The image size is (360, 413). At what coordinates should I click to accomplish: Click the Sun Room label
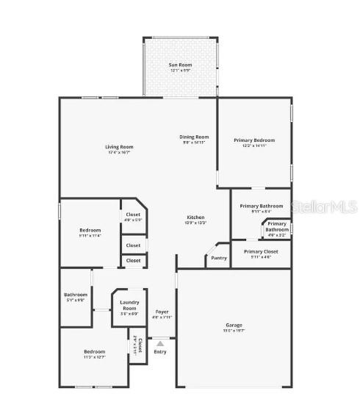(x=180, y=65)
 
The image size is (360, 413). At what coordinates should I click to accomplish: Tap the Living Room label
(x=119, y=147)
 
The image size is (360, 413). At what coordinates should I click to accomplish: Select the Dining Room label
(x=195, y=137)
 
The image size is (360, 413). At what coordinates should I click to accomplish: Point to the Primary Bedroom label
(x=254, y=140)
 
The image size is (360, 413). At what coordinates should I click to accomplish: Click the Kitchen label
(x=195, y=217)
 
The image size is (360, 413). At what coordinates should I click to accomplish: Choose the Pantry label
(x=219, y=258)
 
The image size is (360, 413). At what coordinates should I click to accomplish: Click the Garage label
(x=234, y=325)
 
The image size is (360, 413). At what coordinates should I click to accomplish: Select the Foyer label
(x=162, y=312)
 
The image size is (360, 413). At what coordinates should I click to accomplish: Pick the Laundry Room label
(x=129, y=305)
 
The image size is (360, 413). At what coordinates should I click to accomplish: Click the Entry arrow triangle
(x=160, y=343)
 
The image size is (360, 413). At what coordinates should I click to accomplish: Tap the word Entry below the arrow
(x=160, y=352)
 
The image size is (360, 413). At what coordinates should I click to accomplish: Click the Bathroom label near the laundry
(x=76, y=295)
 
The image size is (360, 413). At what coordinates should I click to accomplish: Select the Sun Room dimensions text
(x=180, y=71)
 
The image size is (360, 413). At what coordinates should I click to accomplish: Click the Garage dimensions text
(x=234, y=331)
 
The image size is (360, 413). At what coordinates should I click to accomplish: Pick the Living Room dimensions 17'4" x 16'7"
(x=119, y=153)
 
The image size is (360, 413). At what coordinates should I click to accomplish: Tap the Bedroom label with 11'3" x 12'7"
(x=94, y=351)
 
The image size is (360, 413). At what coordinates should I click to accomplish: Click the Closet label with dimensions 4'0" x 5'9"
(x=133, y=215)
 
